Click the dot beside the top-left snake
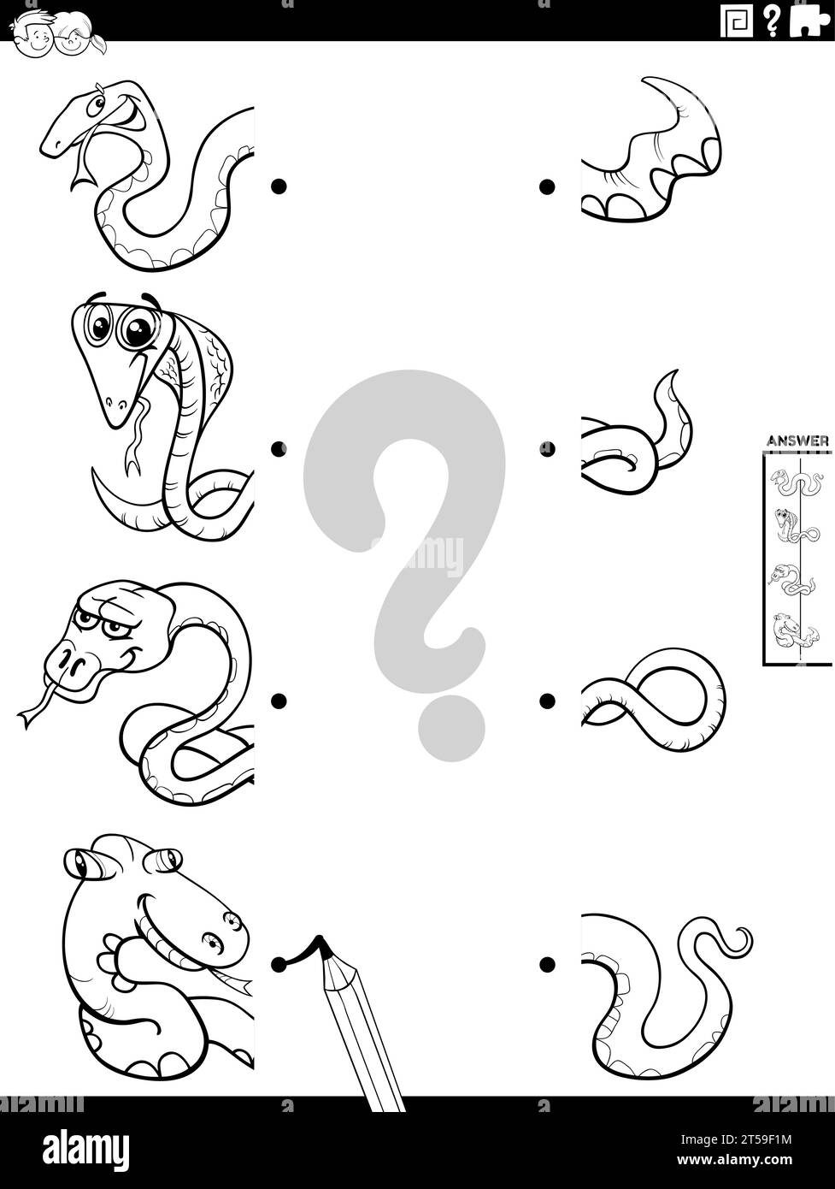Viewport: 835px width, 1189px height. coord(278,186)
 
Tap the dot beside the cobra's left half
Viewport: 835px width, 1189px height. coord(278,448)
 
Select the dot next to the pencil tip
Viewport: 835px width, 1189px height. coord(278,964)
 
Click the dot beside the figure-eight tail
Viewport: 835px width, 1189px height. coord(547,701)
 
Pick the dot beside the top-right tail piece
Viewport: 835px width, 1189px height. coord(547,186)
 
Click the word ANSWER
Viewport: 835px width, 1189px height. coord(797,441)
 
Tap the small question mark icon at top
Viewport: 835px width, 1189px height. coord(773,21)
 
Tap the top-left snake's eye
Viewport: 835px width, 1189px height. coord(101,104)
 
